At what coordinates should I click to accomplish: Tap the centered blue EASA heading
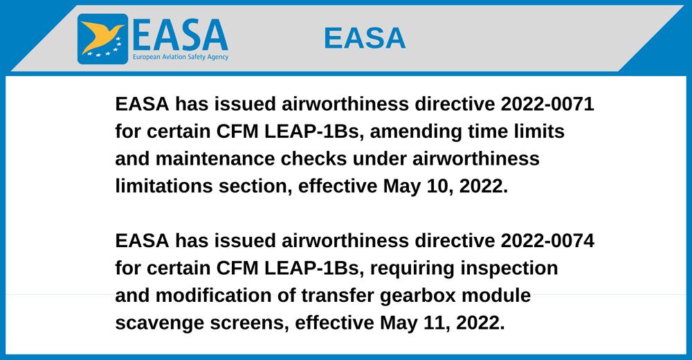[x=365, y=38]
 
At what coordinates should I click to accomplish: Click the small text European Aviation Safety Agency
[x=181, y=57]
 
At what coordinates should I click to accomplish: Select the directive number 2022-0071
[x=547, y=105]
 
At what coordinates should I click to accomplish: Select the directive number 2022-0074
[x=547, y=241]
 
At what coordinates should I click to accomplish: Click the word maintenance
[x=215, y=159]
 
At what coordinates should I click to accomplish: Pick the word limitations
[x=164, y=186]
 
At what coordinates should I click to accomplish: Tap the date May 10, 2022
[x=445, y=187]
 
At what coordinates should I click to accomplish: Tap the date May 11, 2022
[x=442, y=323]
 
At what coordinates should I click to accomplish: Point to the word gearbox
[x=417, y=296]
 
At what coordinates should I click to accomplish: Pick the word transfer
[x=337, y=296]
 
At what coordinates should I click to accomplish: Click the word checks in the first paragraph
[x=313, y=159]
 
